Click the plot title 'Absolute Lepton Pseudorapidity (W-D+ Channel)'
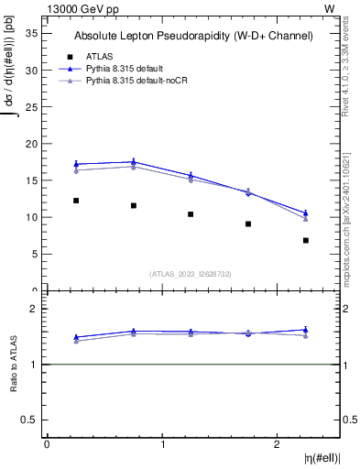click(x=193, y=36)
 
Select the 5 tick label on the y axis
click(x=33, y=254)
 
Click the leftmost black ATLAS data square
click(x=76, y=201)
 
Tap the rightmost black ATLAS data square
click(x=306, y=240)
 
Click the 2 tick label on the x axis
click(x=278, y=444)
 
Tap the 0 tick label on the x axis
click(x=47, y=444)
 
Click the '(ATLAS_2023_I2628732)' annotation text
click(x=191, y=273)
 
